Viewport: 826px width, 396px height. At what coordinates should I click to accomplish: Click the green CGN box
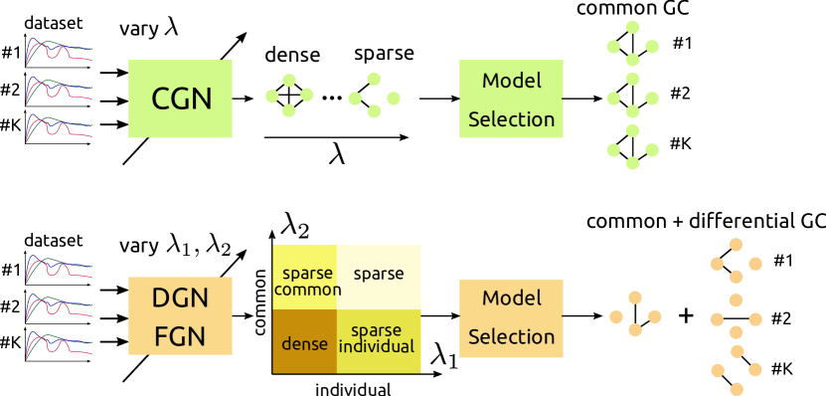180,99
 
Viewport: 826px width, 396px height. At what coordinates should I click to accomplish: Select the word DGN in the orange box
180,297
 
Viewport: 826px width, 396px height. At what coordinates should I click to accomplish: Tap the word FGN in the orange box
180,336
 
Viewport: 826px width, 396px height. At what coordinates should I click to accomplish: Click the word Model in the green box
511,81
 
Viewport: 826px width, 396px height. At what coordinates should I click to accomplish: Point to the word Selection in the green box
511,119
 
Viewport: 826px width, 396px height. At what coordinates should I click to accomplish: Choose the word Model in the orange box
511,298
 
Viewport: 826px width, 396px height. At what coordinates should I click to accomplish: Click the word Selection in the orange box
511,337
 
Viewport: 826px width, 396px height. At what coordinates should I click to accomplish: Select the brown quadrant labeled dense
304,341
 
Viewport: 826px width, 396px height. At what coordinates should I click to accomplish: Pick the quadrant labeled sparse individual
377,339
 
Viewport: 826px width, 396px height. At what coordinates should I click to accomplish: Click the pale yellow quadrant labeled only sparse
378,274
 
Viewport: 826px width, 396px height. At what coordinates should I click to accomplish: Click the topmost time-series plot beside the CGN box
60,50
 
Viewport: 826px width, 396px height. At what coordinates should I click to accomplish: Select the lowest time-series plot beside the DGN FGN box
60,344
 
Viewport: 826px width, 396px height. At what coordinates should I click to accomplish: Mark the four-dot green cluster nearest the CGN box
289,96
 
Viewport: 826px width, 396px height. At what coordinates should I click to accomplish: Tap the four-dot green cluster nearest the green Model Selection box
374,96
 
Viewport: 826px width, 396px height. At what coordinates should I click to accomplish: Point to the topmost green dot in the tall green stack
632,27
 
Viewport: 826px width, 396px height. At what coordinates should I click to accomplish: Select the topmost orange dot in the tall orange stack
736,244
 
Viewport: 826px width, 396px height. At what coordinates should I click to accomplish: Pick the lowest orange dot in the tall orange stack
737,388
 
